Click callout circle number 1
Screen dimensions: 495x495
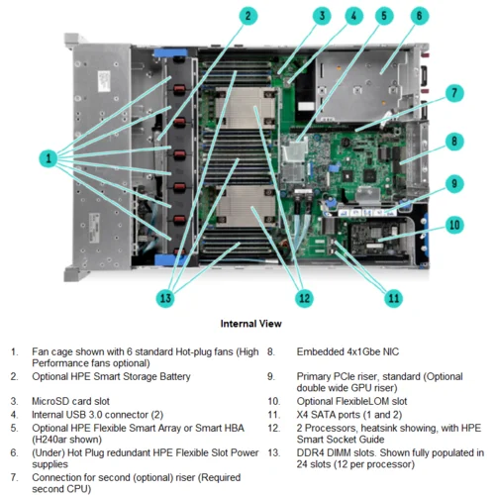coord(47,157)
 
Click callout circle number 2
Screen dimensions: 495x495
coord(248,16)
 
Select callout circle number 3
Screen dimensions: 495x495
coord(322,16)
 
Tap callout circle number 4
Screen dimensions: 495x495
coord(353,16)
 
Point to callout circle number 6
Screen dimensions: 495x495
coord(419,16)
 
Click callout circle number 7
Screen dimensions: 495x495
coord(453,94)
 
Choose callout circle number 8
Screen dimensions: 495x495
coord(453,141)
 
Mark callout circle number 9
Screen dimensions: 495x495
coord(453,183)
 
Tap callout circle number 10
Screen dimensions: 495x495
coord(453,225)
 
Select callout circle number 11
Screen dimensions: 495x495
coord(393,297)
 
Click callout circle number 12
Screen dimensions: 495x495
coord(304,297)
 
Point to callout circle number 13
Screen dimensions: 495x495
coord(165,297)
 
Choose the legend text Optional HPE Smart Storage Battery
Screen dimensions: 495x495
coord(111,377)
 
